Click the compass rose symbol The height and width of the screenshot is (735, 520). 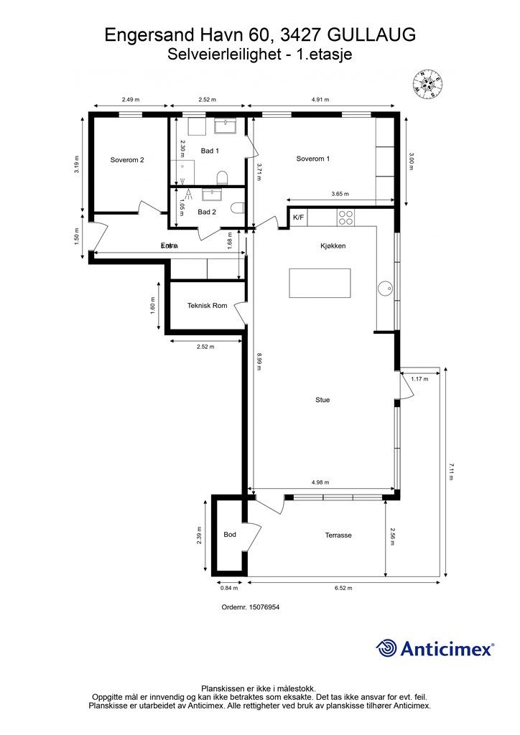click(430, 84)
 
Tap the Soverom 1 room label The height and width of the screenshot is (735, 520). click(313, 159)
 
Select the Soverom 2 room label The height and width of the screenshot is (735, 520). click(127, 160)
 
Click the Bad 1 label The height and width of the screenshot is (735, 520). click(210, 151)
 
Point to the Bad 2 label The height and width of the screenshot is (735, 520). click(207, 212)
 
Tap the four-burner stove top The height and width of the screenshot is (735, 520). click(346, 216)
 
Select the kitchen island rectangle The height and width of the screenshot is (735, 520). click(320, 283)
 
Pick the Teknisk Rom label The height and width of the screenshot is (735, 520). click(207, 306)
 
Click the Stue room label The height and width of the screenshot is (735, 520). click(322, 400)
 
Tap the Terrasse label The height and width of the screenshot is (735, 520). click(338, 535)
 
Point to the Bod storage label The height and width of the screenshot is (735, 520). click(230, 535)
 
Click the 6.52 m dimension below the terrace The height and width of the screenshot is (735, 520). click(344, 588)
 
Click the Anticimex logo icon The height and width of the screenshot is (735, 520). click(387, 648)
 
